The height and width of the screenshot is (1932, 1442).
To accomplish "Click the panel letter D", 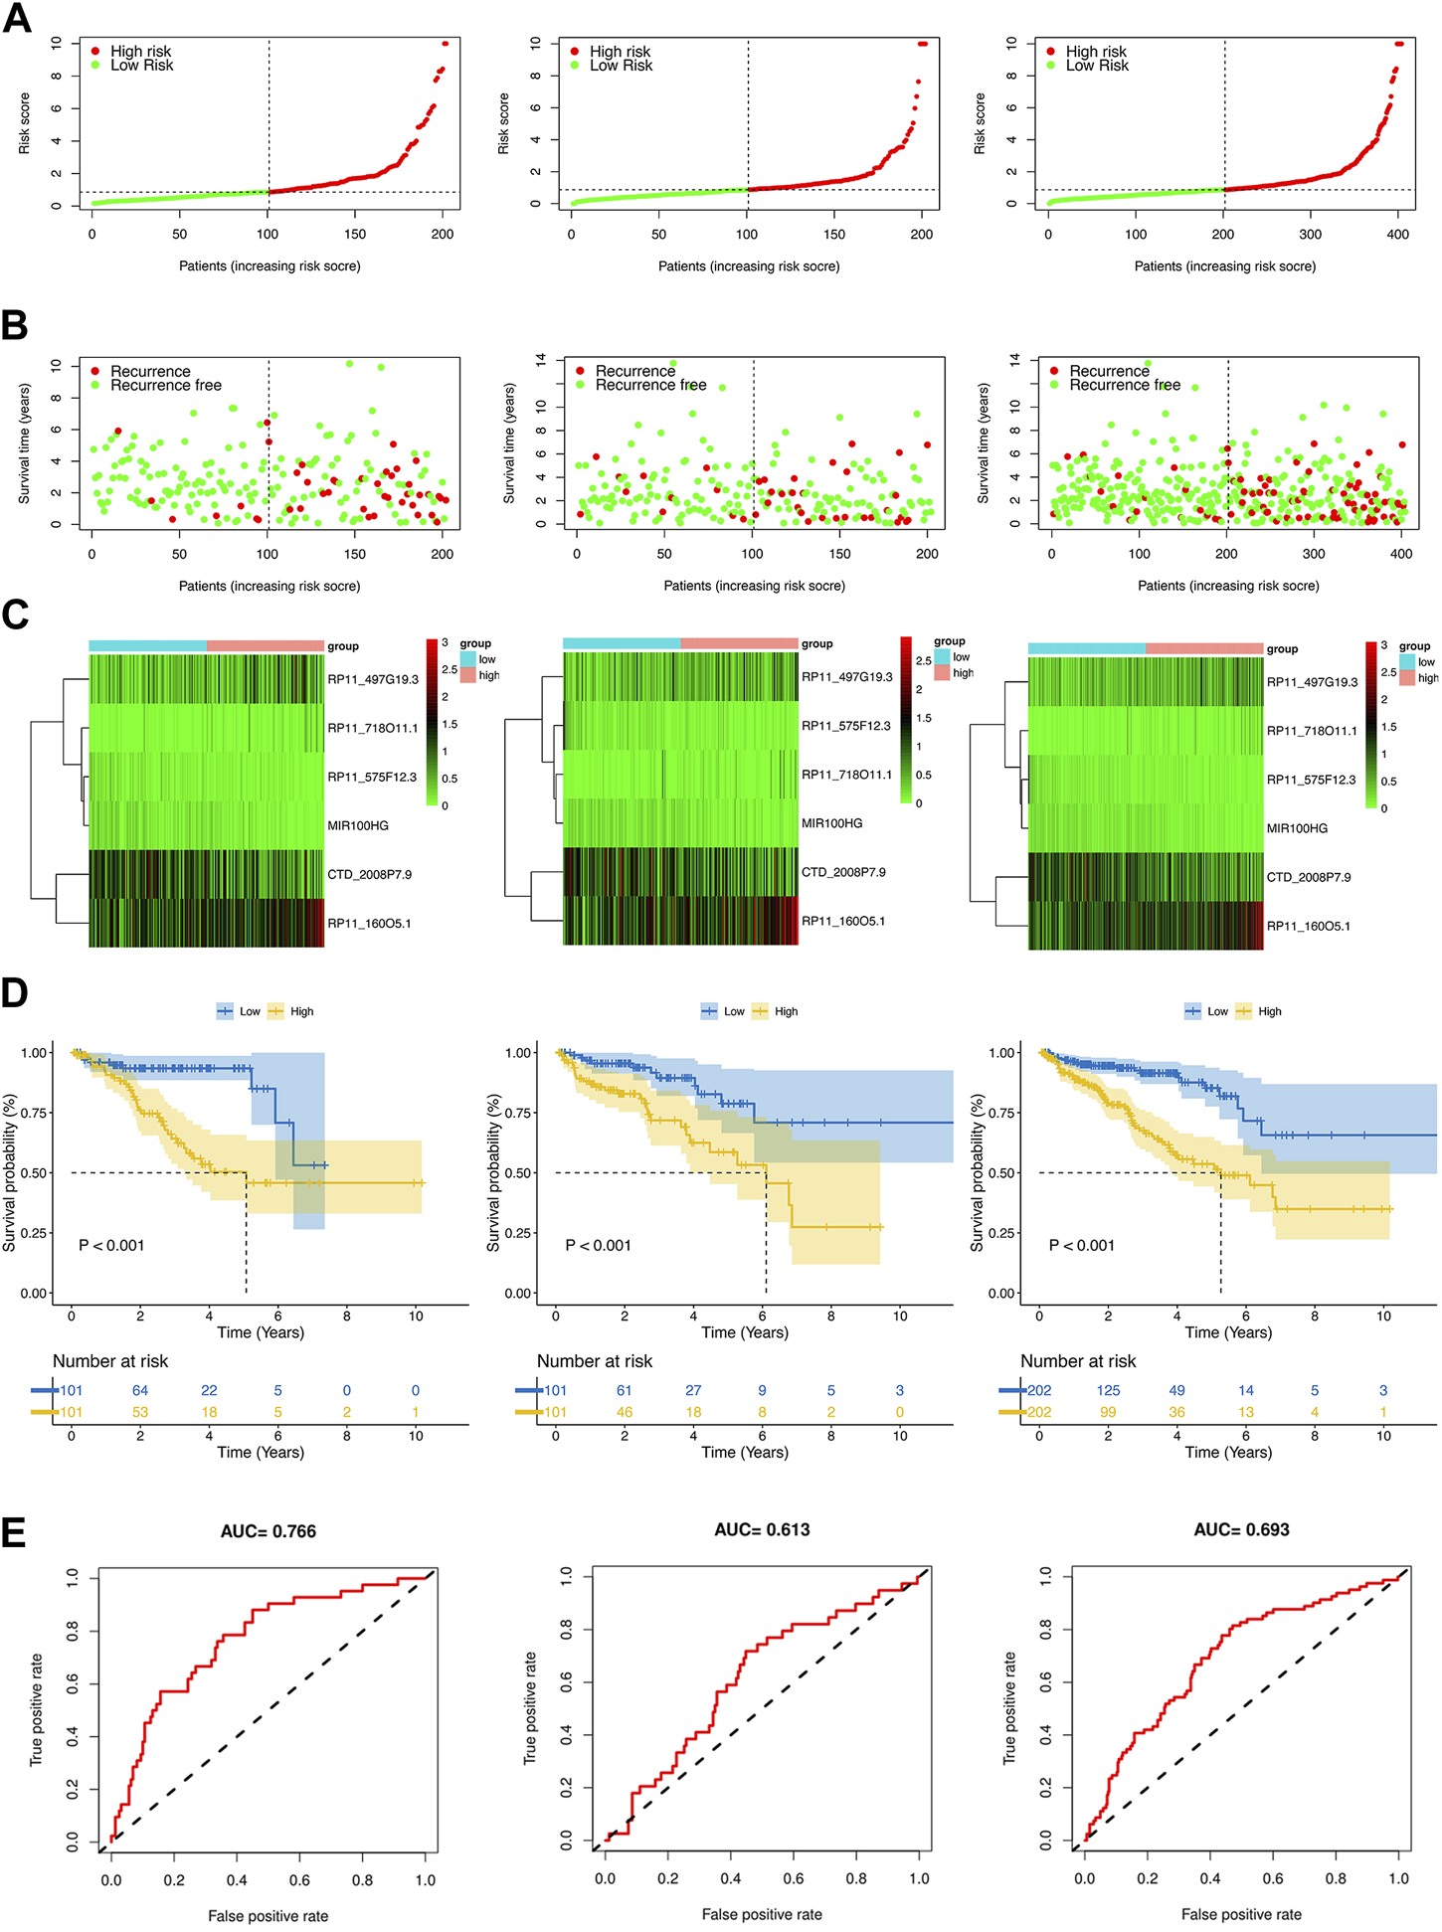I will [x=15, y=992].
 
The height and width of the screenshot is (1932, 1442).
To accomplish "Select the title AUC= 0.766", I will [x=269, y=1531].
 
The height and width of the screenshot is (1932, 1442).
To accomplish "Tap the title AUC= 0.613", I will [x=762, y=1529].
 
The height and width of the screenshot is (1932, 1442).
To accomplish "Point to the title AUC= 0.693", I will [x=1241, y=1529].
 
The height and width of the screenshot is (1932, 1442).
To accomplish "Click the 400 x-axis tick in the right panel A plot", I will [x=1397, y=235].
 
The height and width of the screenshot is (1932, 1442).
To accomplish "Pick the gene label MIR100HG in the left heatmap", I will [x=358, y=825].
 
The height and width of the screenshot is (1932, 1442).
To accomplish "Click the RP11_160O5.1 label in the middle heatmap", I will [x=842, y=921].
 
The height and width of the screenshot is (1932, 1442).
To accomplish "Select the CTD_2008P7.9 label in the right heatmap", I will [x=1309, y=877].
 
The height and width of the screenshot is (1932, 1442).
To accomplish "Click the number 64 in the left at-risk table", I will [x=140, y=1390].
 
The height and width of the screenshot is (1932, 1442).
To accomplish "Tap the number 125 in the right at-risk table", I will [x=1108, y=1390].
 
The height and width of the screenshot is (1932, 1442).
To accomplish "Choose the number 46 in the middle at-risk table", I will [x=624, y=1412].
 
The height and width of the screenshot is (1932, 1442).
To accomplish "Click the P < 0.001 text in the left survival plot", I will [x=111, y=1245].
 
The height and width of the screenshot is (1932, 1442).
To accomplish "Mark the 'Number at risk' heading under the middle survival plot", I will [x=595, y=1360].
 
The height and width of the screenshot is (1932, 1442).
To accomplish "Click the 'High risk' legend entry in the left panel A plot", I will [x=140, y=51].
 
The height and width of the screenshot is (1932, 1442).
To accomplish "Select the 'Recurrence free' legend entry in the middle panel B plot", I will [x=650, y=385].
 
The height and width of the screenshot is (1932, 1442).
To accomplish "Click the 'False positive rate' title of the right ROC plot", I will [x=1241, y=1914].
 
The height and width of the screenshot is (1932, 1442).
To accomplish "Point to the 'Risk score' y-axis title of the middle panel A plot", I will [x=503, y=123].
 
